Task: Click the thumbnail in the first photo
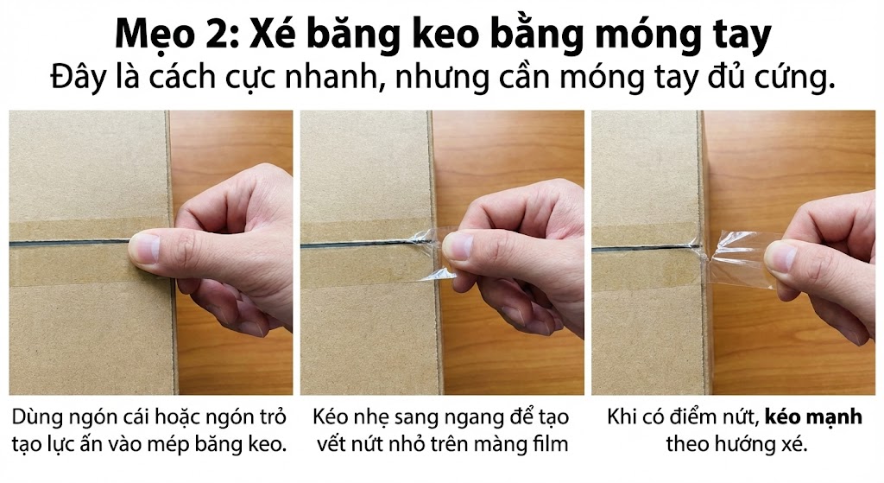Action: (144, 249)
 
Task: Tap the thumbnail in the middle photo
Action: (458, 246)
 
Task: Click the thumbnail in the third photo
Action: (780, 256)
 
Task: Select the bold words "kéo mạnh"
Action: (813, 417)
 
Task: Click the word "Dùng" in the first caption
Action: (35, 418)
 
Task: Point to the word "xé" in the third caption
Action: (795, 444)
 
